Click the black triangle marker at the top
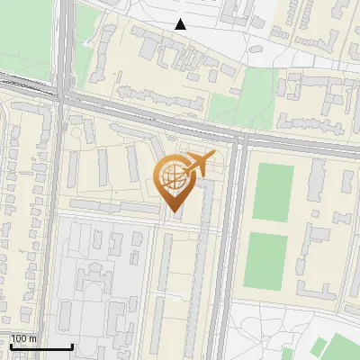point(181,24)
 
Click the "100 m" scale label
point(23,338)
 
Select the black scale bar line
point(40,346)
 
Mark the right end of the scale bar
point(72,346)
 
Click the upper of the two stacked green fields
point(273,192)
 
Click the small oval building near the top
point(191,78)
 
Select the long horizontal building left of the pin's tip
point(112,208)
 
